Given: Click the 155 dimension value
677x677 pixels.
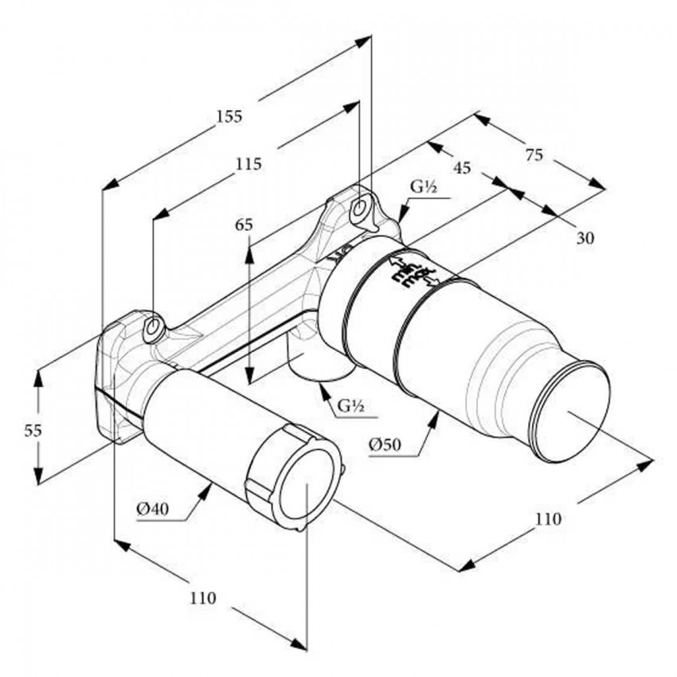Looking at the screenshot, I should [x=229, y=115].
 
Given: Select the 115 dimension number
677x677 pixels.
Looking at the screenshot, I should [x=249, y=164].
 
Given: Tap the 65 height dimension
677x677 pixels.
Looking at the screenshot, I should [x=244, y=225].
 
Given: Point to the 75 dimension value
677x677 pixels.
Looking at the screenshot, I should [x=534, y=156].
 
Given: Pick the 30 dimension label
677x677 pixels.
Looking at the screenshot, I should [x=585, y=237].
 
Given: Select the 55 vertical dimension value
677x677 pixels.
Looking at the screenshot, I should [x=32, y=430].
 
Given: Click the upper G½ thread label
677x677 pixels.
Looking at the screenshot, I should [x=423, y=187].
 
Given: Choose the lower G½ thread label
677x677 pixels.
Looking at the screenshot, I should [x=350, y=405].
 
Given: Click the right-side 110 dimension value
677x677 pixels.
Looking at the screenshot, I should [x=548, y=519].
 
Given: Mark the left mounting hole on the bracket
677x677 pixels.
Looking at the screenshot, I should [x=153, y=327].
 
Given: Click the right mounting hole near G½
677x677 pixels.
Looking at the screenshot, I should [x=360, y=209].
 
